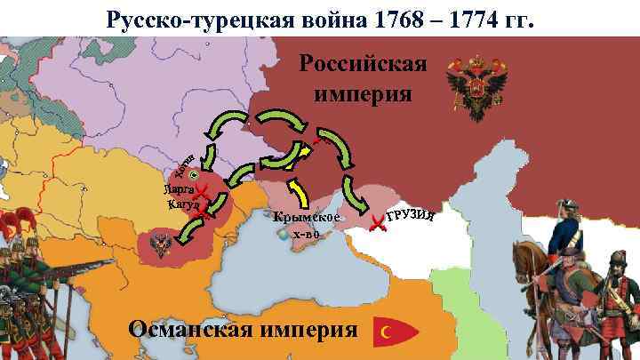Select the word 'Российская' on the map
pyautogui.click(x=364, y=66)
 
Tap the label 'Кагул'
pyautogui.click(x=181, y=205)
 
